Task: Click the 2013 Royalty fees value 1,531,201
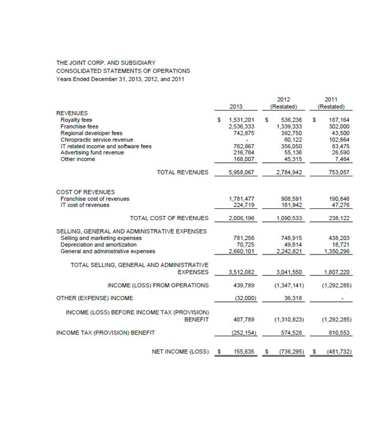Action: (x=240, y=120)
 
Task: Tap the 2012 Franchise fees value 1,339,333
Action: (x=288, y=127)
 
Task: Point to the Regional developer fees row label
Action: (x=91, y=133)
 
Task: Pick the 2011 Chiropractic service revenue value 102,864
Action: (x=338, y=140)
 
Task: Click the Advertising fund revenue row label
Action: (x=92, y=152)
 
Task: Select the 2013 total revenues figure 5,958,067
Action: (x=240, y=173)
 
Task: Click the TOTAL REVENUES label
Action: (x=183, y=173)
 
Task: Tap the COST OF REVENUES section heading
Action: (x=85, y=192)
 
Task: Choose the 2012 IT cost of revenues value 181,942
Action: (x=288, y=205)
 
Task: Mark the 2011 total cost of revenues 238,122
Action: (x=338, y=218)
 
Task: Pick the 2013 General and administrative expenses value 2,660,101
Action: (x=240, y=252)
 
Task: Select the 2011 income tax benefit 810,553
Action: (x=338, y=333)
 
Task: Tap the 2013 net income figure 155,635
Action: (x=242, y=352)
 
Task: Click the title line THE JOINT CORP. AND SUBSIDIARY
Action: (x=106, y=62)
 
